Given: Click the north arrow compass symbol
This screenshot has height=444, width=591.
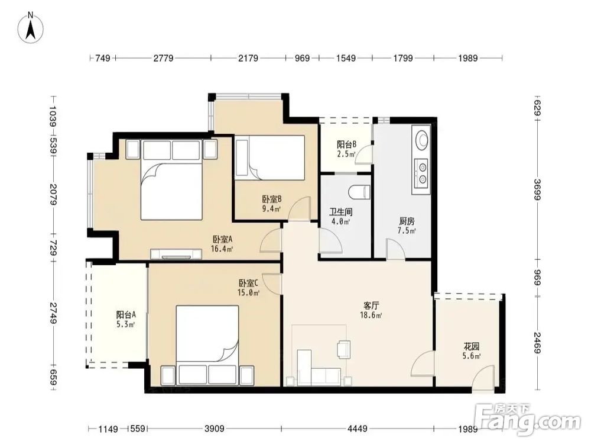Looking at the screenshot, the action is coord(31,27).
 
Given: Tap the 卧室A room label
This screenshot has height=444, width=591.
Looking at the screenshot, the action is coord(222,243).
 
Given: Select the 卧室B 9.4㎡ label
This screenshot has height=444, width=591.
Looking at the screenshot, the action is coord(272,204).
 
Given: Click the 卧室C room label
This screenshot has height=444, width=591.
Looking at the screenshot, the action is coord(248,287).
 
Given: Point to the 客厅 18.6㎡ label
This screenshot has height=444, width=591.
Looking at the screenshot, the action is coord(371,310).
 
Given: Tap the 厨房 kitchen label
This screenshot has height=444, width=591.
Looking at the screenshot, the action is coord(407,226).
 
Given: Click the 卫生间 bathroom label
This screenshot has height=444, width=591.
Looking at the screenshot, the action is coord(341,216).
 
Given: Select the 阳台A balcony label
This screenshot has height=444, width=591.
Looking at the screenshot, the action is coord(126,319).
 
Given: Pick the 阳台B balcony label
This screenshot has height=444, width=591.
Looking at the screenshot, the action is coord(346,149).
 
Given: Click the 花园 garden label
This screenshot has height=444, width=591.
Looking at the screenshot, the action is coord(472,350).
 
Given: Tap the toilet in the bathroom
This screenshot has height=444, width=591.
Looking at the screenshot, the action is coord(359,192).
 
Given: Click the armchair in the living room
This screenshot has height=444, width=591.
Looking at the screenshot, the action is coord(343,349).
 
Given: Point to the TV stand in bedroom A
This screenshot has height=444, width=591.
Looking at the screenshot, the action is coord(176,254).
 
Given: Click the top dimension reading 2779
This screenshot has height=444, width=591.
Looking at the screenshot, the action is coord(163,58).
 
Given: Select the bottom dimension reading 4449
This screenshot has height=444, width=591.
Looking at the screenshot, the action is coord(357,429).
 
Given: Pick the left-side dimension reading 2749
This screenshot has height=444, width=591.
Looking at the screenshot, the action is coord(53,313).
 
